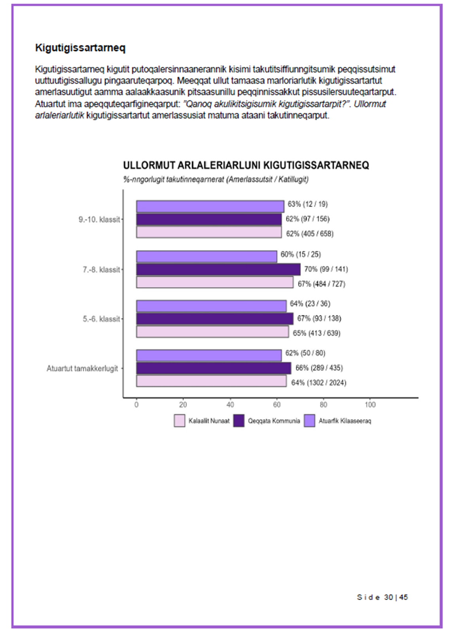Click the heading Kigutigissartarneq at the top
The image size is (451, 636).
click(x=80, y=48)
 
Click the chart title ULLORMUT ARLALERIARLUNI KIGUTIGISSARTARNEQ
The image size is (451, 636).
click(x=246, y=165)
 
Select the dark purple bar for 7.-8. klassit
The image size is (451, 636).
click(x=218, y=269)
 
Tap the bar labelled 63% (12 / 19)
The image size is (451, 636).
click(x=210, y=206)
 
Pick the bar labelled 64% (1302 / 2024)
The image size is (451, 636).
click(x=211, y=381)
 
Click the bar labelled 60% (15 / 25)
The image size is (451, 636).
click(x=207, y=256)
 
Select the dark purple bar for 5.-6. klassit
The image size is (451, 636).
click(x=215, y=319)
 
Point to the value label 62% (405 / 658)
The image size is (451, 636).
click(x=310, y=234)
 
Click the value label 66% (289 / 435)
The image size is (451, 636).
click(x=319, y=368)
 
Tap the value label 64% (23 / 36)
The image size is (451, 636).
click(x=310, y=304)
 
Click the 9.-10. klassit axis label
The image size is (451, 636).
click(x=99, y=220)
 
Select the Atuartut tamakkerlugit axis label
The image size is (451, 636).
click(x=82, y=369)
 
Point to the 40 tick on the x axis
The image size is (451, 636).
click(x=230, y=405)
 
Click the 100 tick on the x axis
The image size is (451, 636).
click(x=370, y=405)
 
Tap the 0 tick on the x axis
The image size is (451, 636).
click(x=136, y=405)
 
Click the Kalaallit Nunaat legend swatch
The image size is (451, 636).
click(x=180, y=421)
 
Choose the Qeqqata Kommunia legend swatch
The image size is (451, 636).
click(x=239, y=421)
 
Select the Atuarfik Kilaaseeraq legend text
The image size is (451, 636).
click(x=345, y=421)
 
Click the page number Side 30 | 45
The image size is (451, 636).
click(x=382, y=597)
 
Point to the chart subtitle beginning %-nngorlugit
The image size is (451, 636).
click(x=216, y=179)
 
